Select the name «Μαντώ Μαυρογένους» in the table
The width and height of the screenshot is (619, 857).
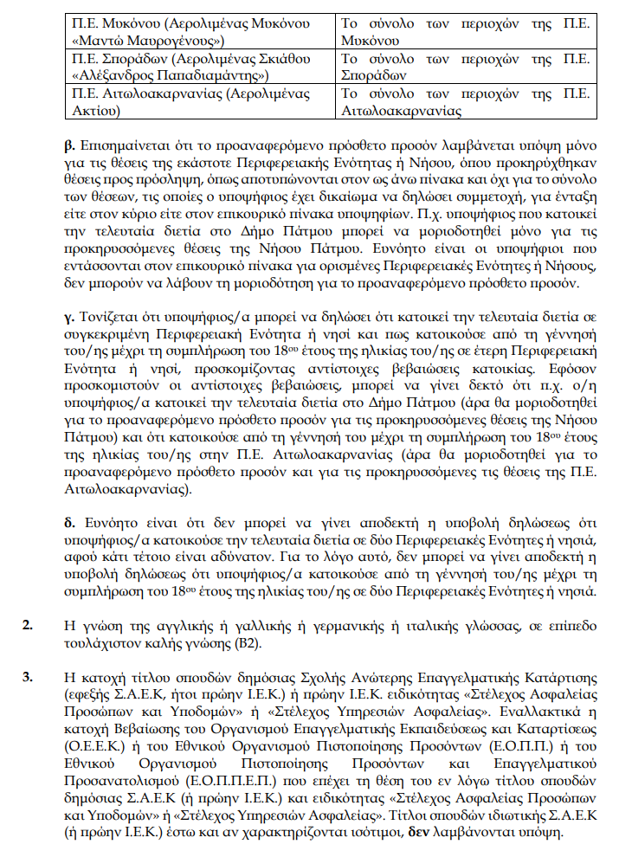pyautogui.click(x=149, y=41)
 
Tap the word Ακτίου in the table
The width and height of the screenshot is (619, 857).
pyautogui.click(x=95, y=111)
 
